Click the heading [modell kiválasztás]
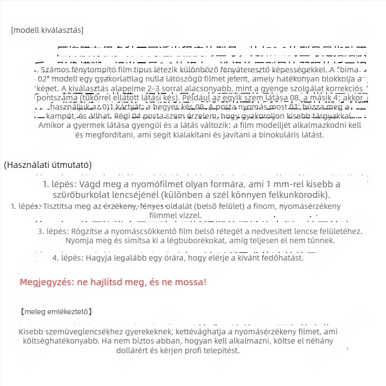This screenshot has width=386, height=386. point(47,30)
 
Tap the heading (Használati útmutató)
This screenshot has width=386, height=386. point(48,165)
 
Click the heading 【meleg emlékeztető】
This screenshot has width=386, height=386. point(56,312)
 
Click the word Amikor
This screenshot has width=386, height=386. point(52,125)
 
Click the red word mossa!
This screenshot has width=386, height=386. point(190,282)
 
